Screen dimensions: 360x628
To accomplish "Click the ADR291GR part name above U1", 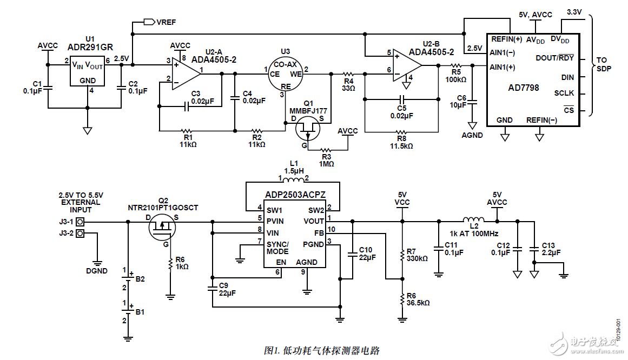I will click(x=90, y=47).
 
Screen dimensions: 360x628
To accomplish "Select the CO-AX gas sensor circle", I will click(x=286, y=74).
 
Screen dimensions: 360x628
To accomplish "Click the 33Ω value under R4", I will click(x=348, y=88).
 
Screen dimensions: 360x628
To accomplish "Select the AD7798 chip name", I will click(x=524, y=88).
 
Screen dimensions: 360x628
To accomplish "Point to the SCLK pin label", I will click(x=564, y=93).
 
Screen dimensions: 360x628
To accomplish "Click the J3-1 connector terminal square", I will click(x=80, y=222).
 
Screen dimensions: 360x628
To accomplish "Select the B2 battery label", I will click(x=140, y=279).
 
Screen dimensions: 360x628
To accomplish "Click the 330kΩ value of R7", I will click(x=417, y=259).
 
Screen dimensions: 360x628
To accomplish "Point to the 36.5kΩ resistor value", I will click(x=418, y=303).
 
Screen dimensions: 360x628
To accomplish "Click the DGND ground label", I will click(x=97, y=271).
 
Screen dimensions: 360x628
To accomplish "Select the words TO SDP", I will click(x=604, y=64).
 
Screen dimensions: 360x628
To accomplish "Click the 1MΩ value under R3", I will click(x=326, y=163).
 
